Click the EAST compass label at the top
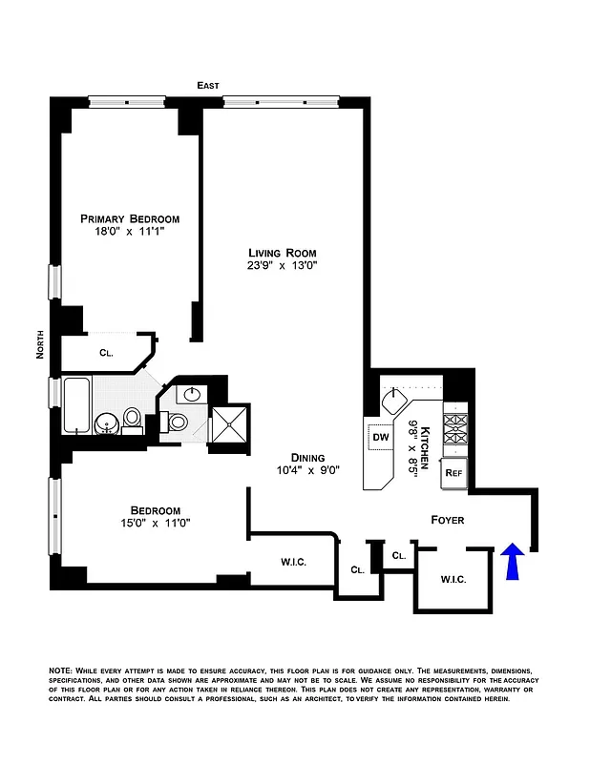tap(208, 86)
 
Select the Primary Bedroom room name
tap(130, 218)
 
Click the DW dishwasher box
tap(379, 440)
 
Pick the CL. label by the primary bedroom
tap(106, 352)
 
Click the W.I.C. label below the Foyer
tap(453, 580)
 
